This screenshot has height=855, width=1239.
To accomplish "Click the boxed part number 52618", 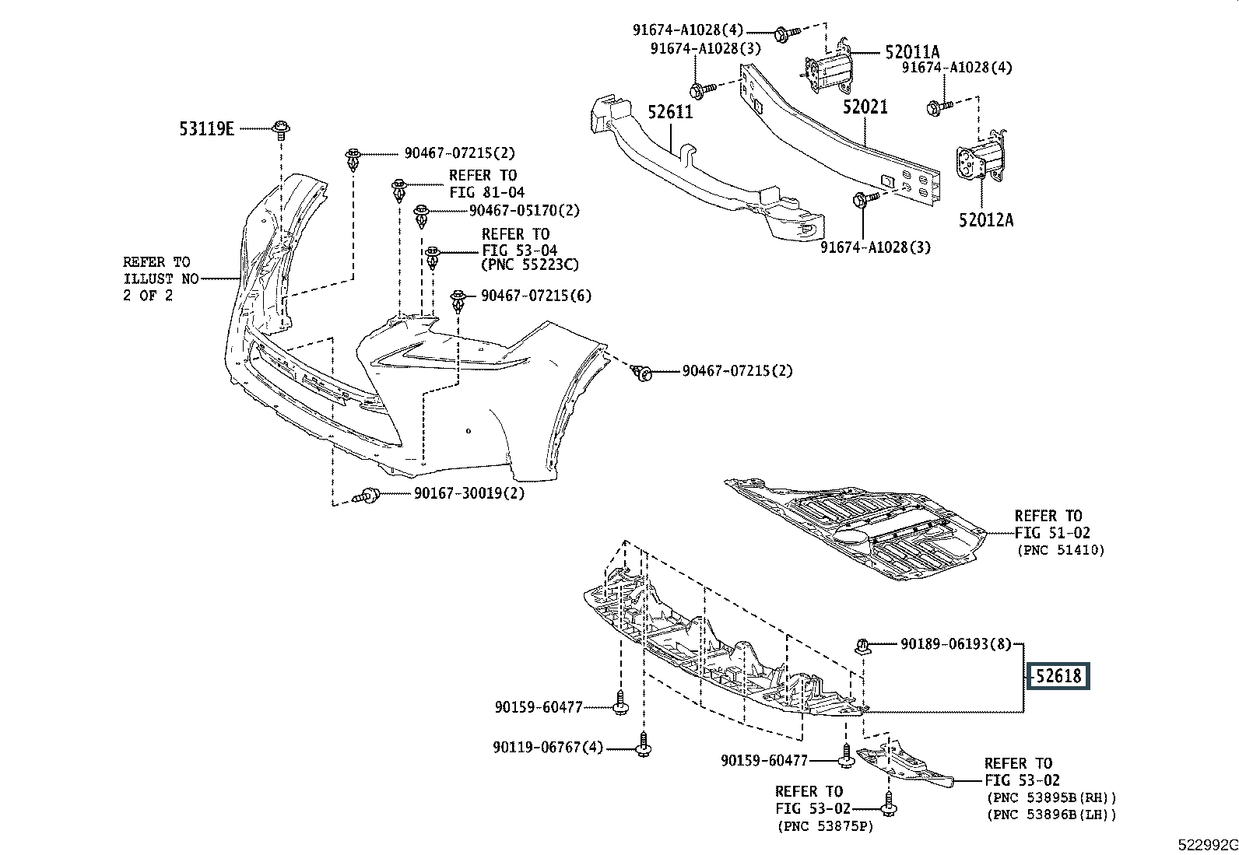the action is click(1058, 676).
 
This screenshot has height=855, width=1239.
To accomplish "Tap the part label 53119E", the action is click(207, 129).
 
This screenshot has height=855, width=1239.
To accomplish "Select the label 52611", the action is click(670, 112).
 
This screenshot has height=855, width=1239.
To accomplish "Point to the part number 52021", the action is click(865, 107).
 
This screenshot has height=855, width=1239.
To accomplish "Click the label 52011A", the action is click(912, 52).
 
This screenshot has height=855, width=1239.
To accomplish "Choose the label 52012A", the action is click(986, 220).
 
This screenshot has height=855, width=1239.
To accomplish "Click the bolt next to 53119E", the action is click(282, 131).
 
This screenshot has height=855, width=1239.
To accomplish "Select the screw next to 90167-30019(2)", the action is click(367, 496).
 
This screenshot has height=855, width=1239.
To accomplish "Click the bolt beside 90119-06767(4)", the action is click(644, 745).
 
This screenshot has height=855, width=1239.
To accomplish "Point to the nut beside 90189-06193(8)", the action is click(862, 646).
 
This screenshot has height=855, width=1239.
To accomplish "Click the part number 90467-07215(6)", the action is click(536, 296).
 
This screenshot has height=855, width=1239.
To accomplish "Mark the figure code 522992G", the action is click(1207, 845).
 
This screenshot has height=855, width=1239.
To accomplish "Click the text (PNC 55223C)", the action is click(530, 265).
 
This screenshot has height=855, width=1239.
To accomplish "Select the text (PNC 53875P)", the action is click(825, 827).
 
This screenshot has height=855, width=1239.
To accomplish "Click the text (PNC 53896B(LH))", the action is click(1051, 815).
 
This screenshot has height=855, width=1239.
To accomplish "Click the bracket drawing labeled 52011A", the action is click(827, 64).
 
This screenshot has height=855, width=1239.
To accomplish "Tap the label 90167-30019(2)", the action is click(469, 492).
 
